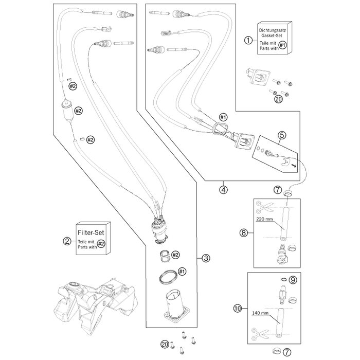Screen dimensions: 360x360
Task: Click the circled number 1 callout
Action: (248, 41)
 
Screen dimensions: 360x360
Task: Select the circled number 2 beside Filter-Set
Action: (67, 241)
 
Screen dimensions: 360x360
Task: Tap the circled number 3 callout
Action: (206, 258)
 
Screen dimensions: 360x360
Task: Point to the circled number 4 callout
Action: (223, 190)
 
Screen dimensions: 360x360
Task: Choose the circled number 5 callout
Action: (282, 135)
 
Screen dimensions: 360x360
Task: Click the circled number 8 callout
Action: (243, 233)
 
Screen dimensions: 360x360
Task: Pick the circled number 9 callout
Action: (293, 280)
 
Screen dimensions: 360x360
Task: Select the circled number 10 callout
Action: (238, 309)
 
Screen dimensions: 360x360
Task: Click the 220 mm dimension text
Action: (264, 219)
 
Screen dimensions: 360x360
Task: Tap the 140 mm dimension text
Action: (260, 313)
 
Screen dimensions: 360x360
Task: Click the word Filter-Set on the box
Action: (91, 232)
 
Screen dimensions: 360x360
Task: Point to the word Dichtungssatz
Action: (272, 30)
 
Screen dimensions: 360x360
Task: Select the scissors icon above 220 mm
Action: (264, 207)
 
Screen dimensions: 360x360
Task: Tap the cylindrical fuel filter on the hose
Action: (66, 111)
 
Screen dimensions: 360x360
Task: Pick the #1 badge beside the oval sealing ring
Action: (182, 272)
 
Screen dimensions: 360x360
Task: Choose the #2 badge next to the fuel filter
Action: (79, 111)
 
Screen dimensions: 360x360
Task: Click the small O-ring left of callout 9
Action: (284, 279)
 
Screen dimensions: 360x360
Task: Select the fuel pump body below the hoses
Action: (159, 231)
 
